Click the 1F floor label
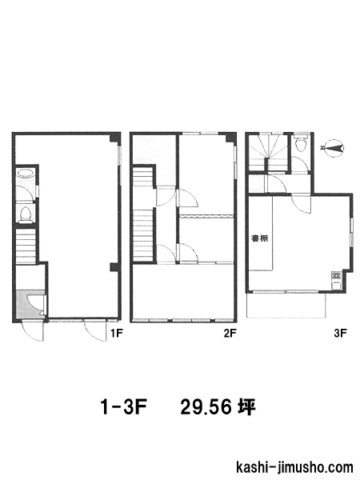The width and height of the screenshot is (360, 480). pos(117,333)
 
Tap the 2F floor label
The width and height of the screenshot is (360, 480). pos(230,333)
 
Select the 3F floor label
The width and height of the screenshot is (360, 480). pos(340,333)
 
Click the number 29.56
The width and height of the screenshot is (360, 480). pos(206,407)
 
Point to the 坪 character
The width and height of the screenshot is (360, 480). pos(246,407)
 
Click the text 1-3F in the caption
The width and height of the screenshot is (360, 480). pos(124,407)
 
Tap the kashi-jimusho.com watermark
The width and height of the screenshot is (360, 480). pos(294,468)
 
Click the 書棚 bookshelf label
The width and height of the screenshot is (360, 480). pos(259,238)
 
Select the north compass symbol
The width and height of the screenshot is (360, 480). pos(332,149)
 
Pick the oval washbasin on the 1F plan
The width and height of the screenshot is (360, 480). pos(26,174)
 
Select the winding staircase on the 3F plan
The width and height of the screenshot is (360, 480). pos(269,153)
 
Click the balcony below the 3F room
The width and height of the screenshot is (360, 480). pos(286,306)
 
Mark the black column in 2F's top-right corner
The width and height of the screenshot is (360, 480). pos(230,138)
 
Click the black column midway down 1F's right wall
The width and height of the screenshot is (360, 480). pos(114,267)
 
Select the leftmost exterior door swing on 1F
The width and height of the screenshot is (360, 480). pos(33,331)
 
